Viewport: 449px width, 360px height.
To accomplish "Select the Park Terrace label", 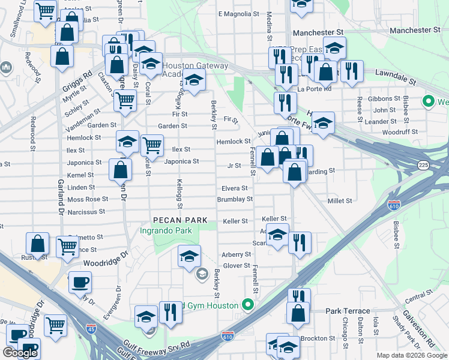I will pos(348,311).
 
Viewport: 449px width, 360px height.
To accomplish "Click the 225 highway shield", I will pos(424,164).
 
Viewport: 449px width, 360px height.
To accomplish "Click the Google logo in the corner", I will pos(20,353).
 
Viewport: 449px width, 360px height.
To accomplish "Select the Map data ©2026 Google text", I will pos(411,355).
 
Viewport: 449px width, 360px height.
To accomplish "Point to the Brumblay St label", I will pos(235,199).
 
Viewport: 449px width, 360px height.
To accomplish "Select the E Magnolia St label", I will pos(238,14).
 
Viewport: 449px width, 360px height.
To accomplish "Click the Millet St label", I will pos(339,200).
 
